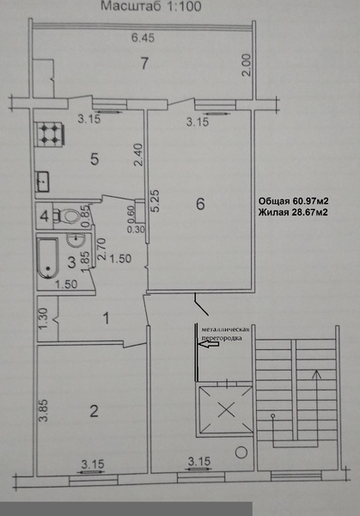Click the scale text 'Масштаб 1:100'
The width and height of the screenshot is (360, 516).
[x=151, y=6]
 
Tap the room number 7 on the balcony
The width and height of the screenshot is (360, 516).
[x=144, y=63]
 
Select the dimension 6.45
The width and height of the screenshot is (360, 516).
[x=143, y=38]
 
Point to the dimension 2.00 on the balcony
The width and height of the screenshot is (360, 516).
[x=247, y=65]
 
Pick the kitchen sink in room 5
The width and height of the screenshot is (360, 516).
[x=43, y=181]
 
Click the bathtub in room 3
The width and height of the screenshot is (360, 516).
[x=48, y=258]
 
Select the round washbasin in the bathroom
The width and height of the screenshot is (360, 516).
[x=76, y=239]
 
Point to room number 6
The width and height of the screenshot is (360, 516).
[x=200, y=204]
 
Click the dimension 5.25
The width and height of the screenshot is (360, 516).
[x=155, y=200]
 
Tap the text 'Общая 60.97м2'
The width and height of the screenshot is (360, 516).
[x=294, y=201]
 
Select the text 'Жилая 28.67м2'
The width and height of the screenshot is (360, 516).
[x=293, y=212]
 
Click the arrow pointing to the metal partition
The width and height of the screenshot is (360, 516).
[x=209, y=344]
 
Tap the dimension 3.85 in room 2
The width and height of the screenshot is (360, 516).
[x=44, y=410]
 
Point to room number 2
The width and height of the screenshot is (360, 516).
[x=94, y=411]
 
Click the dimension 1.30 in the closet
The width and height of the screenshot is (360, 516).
[x=44, y=318]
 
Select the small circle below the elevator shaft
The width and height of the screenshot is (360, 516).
[x=241, y=452]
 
